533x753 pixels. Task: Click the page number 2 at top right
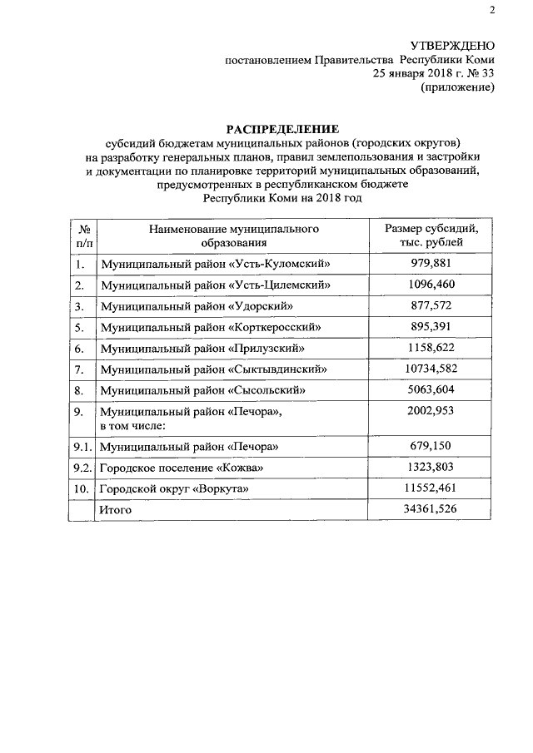tap(491, 10)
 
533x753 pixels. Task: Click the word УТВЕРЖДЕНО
tap(453, 45)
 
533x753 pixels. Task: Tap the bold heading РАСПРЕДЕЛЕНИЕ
tap(283, 129)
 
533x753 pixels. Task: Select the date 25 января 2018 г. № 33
tap(433, 74)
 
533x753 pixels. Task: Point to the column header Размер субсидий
tap(431, 227)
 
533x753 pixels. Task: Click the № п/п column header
tap(83, 235)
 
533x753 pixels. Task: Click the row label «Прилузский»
tap(202, 349)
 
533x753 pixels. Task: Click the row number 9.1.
tap(82, 447)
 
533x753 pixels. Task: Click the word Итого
tap(116, 509)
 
